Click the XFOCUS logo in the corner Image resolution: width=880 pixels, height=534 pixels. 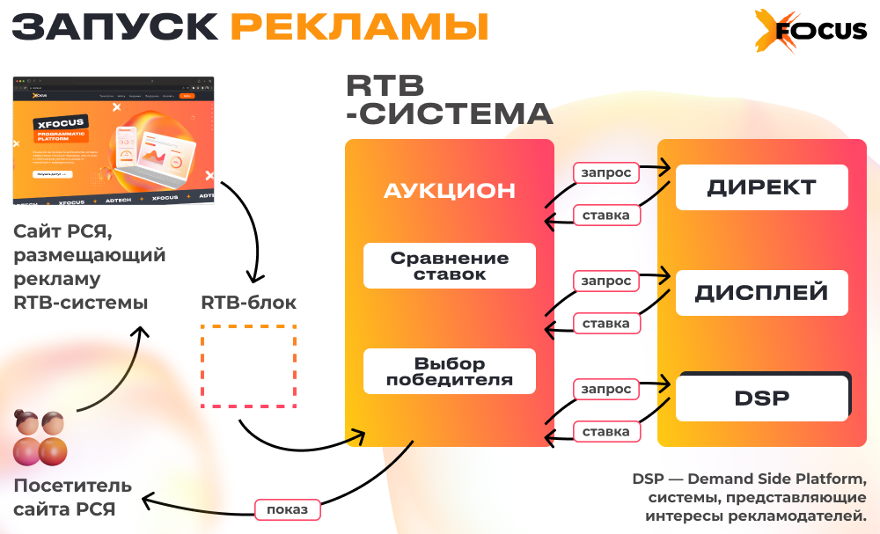[810, 31]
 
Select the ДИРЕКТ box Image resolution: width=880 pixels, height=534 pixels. [761, 187]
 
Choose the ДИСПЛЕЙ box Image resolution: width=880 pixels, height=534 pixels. [761, 293]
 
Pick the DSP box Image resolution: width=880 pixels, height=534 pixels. [761, 398]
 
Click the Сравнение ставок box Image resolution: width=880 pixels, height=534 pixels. [450, 266]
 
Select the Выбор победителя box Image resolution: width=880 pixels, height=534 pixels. [450, 372]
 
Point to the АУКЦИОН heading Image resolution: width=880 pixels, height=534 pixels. [450, 191]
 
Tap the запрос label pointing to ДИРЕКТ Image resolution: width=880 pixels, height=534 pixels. [606, 172]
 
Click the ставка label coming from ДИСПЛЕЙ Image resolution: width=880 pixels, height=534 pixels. [606, 324]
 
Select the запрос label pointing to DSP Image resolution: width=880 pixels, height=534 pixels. [606, 389]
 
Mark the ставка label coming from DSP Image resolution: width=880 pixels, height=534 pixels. [606, 432]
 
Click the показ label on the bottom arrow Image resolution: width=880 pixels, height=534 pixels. [288, 509]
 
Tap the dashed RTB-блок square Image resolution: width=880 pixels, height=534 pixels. [248, 366]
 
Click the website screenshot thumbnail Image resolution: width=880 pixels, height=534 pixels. [114, 141]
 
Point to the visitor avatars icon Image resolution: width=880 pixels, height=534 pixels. [40, 438]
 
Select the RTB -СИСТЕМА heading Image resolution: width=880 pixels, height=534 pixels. [449, 99]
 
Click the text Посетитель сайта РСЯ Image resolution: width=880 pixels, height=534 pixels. [72, 497]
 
